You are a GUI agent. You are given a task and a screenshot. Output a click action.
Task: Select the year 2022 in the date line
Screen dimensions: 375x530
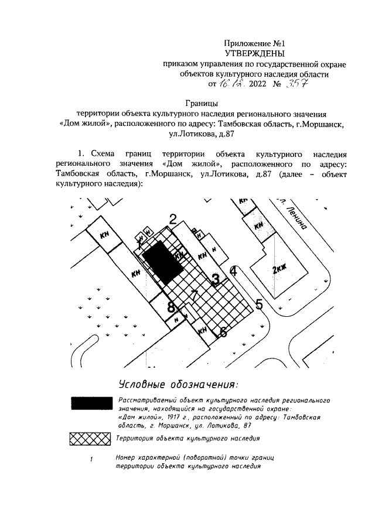click(x=249, y=84)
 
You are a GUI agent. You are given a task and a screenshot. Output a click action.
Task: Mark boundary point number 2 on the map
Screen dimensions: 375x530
click(x=173, y=220)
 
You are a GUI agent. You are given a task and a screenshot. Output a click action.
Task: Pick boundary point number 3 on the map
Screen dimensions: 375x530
click(x=215, y=279)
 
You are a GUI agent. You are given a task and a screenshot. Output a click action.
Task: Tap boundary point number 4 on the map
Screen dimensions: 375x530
click(x=233, y=271)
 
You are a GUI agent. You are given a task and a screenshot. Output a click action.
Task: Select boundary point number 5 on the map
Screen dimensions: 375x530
click(x=259, y=304)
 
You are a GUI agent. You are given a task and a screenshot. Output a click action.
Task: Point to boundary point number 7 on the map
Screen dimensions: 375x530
click(x=195, y=295)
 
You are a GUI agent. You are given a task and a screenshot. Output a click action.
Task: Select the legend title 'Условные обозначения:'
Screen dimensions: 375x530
click(x=178, y=384)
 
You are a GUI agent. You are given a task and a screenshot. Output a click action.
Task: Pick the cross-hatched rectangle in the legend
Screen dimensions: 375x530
click(x=90, y=438)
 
